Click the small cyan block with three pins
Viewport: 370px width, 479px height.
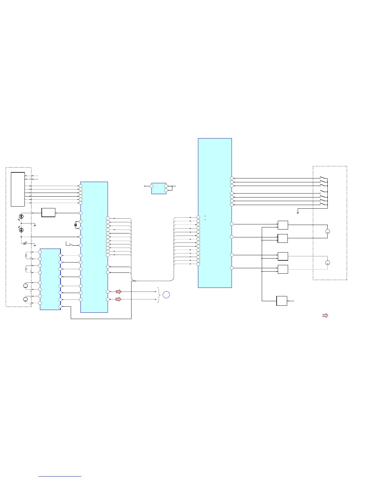159,188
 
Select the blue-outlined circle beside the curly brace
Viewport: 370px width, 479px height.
166,295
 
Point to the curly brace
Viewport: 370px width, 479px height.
159,295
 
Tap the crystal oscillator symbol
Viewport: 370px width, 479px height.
76,225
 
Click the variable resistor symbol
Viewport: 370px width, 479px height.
24,243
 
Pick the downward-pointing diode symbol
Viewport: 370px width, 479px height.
21,217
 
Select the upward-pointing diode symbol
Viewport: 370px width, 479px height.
21,230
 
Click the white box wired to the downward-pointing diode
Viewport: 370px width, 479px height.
48,213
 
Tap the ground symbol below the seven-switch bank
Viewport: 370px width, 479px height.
298,213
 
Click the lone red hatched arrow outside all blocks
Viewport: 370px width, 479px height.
325,316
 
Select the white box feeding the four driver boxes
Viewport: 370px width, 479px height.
282,301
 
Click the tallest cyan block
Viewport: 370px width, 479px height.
215,213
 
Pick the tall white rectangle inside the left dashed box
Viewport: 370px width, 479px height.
18,189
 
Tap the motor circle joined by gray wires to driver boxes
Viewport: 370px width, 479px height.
327,263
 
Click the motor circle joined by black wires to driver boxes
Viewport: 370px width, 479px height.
327,231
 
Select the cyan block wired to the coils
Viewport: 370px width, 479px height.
50,279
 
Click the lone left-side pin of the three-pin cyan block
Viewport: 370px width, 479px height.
152,186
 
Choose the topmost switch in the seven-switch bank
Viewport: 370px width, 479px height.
323,178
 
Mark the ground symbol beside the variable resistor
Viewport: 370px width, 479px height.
35,245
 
